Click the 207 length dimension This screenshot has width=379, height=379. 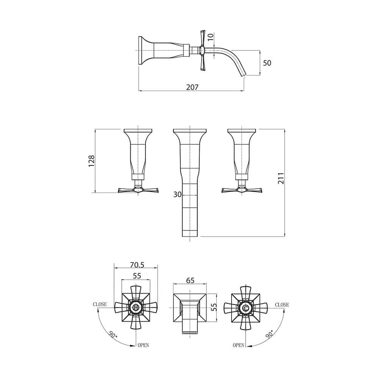coord(192,87)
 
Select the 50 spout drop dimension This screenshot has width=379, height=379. coord(267,63)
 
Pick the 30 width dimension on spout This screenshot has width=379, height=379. coord(177,194)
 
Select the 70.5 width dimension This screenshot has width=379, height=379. coord(137,265)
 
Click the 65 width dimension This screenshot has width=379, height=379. coord(190,280)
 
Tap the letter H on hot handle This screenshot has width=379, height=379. coord(136,309)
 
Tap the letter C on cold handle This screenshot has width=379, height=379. coord(246,309)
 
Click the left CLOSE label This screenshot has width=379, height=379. coord(100,304)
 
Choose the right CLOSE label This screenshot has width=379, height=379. coord(282,304)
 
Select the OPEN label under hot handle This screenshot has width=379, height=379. coord(143,345)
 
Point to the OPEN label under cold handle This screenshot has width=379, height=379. coord(239,345)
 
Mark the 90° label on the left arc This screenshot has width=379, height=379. coord(113,334)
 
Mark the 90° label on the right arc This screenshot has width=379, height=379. coord(269,334)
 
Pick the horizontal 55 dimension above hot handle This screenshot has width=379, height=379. coord(137,276)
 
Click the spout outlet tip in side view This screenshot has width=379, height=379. coord(243,74)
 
